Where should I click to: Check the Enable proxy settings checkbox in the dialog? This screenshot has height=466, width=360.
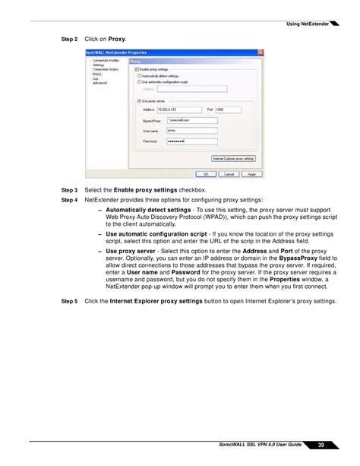pos(137,69)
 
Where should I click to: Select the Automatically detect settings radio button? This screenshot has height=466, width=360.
pos(139,76)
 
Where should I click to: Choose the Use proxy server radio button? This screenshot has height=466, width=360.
pos(139,100)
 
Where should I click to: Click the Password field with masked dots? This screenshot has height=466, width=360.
pos(186,141)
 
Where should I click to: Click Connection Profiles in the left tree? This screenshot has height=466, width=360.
pos(106,60)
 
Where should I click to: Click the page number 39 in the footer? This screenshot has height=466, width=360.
pos(321,445)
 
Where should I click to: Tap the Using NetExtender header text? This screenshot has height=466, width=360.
pos(307,24)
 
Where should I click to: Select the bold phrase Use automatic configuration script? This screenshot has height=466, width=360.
pos(156,234)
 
